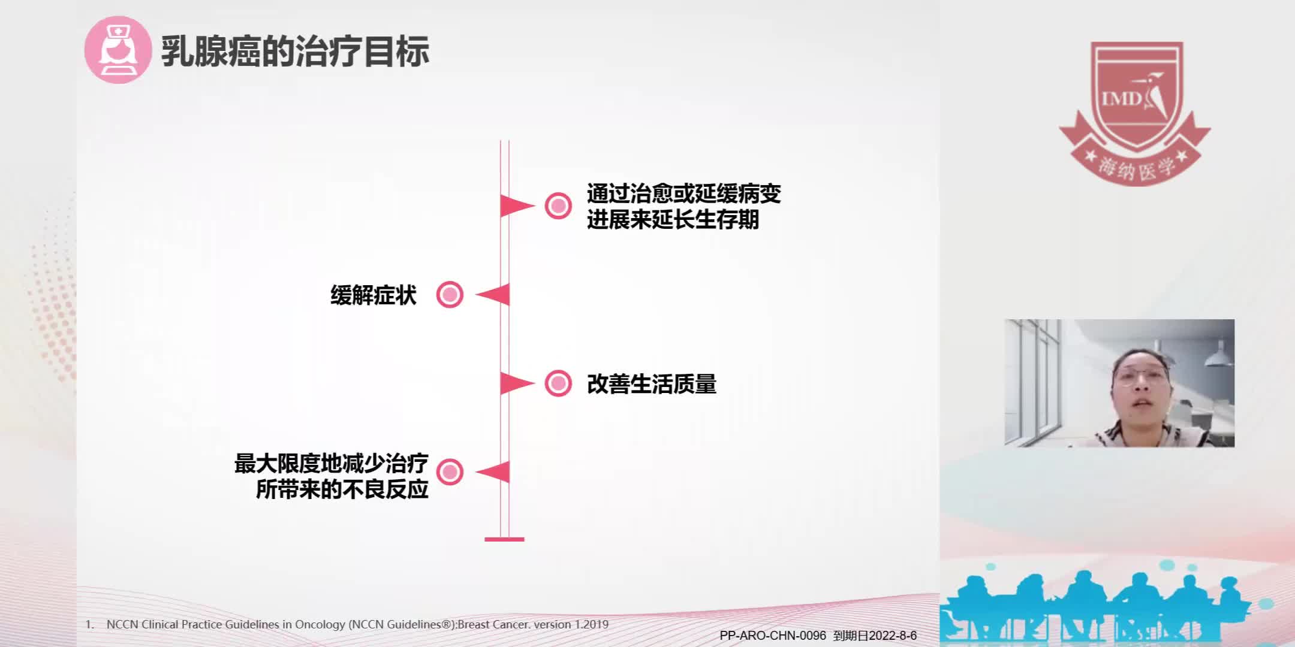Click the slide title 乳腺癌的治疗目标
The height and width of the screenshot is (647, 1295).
point(295,52)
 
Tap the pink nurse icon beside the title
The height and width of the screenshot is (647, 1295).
point(118,50)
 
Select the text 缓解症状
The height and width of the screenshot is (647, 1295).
point(373,295)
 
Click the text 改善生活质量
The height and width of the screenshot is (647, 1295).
point(652,384)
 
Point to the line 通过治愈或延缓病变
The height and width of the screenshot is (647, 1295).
point(683,194)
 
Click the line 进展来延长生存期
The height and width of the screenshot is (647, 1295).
point(673,220)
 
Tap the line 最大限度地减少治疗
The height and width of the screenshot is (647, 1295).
point(331,464)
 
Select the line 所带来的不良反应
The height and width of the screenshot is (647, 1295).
point(342,489)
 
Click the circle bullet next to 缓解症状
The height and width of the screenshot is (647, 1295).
point(450,295)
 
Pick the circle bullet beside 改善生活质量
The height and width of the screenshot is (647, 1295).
point(558,383)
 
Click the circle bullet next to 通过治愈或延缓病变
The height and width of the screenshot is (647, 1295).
point(558,206)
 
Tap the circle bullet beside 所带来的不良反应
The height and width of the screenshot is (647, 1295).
point(450,472)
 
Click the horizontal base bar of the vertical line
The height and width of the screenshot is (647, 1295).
point(504,539)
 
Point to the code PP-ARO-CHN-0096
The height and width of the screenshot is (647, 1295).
point(772,636)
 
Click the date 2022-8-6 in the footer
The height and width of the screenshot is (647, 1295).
point(893,636)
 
